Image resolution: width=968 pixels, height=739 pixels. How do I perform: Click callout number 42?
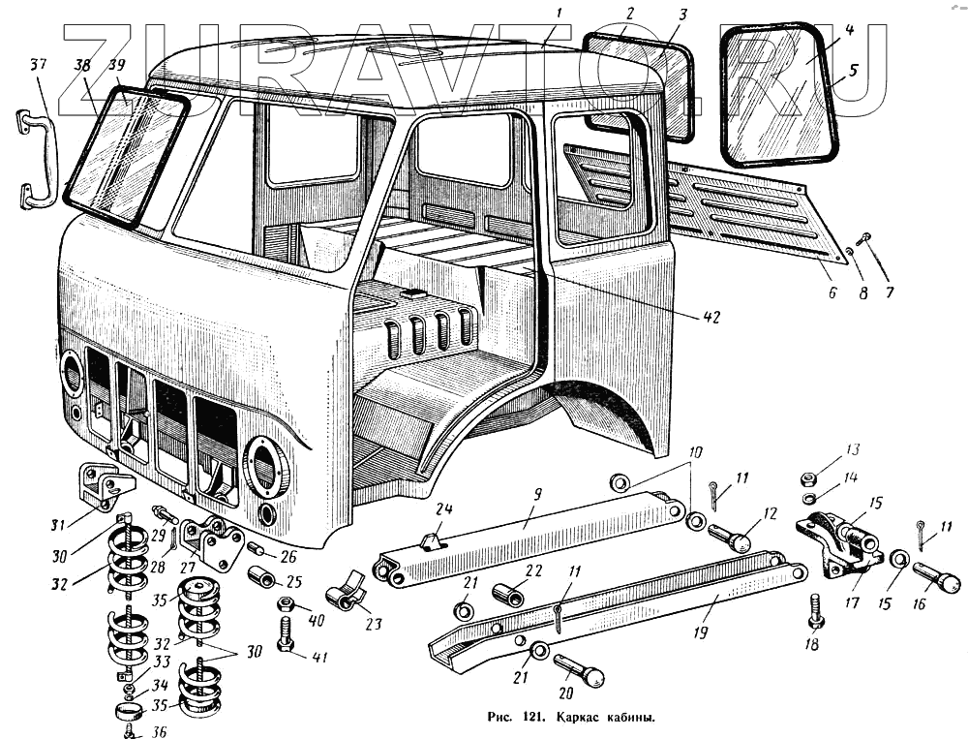[x=711, y=317]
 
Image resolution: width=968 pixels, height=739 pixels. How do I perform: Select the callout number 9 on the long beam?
[x=537, y=494]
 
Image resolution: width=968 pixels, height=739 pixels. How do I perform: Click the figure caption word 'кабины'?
[x=633, y=718]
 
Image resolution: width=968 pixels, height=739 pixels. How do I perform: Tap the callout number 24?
[x=444, y=509]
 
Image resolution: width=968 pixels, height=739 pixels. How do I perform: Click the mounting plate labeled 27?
[x=212, y=543]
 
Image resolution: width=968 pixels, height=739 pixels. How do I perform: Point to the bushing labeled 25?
[x=262, y=577]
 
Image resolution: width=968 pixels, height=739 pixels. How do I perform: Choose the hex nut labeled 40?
[x=286, y=602]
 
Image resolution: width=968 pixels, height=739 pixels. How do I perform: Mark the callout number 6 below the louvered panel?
[x=832, y=292]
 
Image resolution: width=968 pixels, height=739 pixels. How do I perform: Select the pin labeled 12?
[x=729, y=538]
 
